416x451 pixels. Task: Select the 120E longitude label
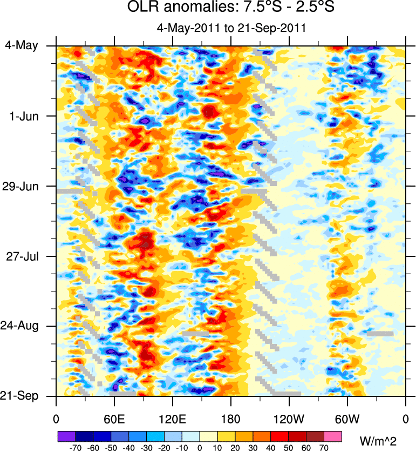tap(172, 418)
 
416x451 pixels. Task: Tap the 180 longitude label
tap(230, 418)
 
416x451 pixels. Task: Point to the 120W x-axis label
tap(289, 418)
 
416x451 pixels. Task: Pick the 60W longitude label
tap(347, 418)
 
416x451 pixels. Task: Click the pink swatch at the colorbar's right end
tap(333, 436)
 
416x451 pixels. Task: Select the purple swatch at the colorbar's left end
tap(66, 436)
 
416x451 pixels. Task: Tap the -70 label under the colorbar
tap(75, 448)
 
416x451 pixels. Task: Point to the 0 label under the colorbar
tap(200, 448)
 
